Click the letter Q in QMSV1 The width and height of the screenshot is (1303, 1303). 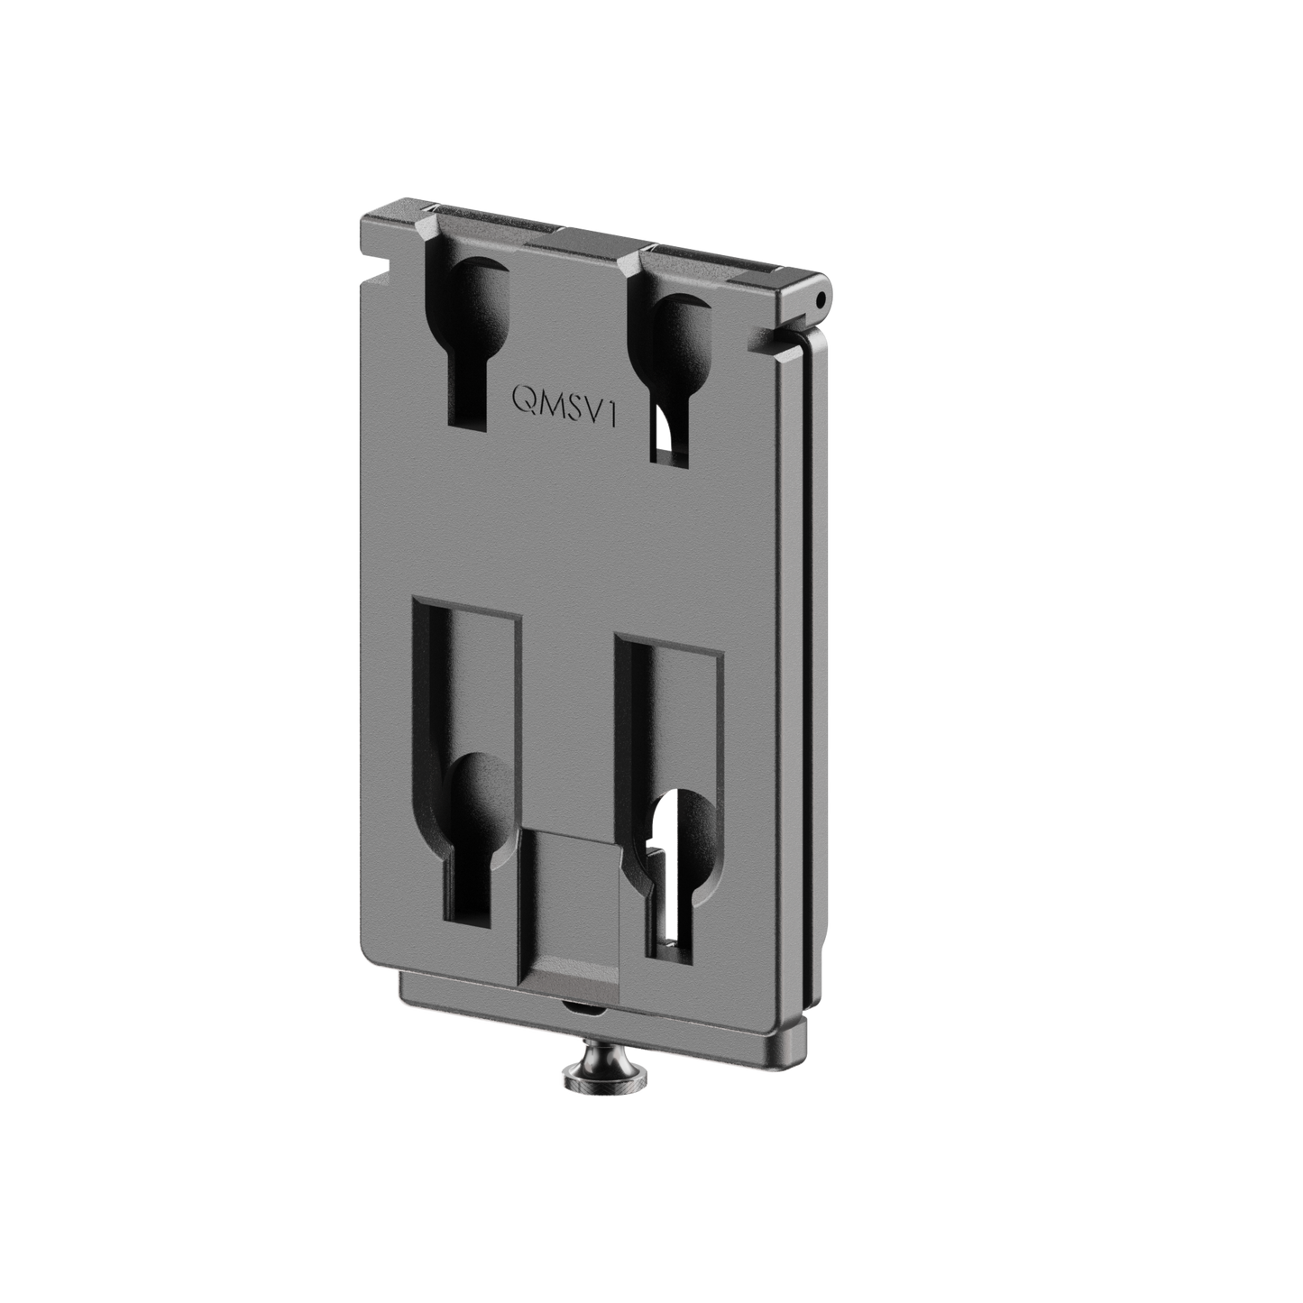(523, 399)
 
